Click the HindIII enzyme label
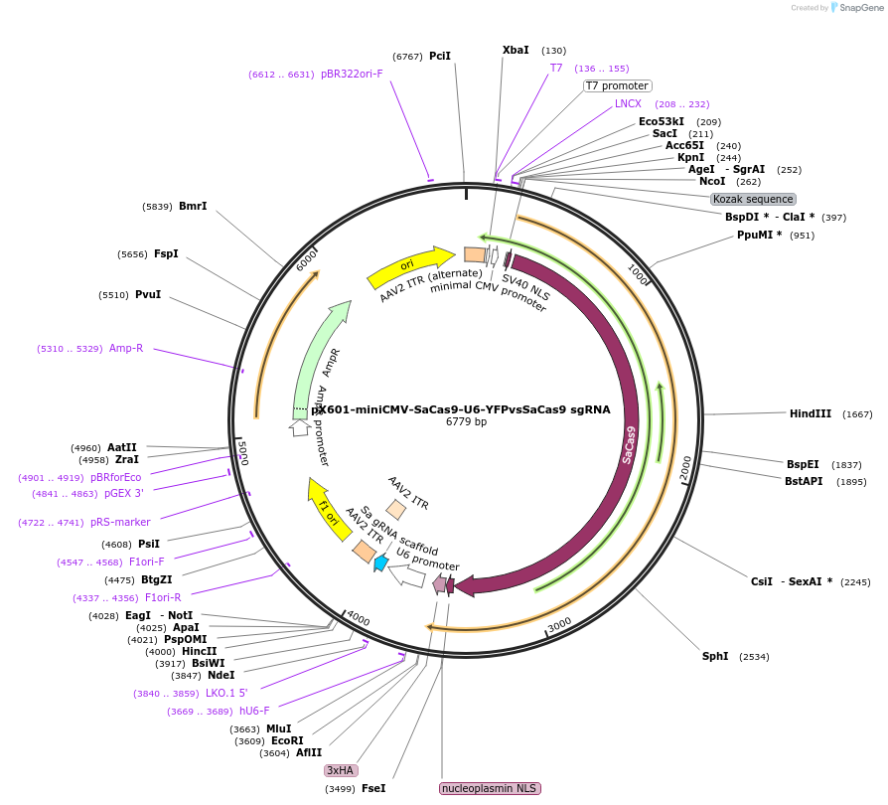point(810,413)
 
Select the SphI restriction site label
point(715,656)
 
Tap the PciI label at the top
point(440,56)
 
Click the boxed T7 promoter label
point(617,85)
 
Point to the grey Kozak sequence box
point(753,199)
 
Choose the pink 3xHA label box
point(341,770)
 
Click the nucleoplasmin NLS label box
point(489,788)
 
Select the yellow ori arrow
point(407,265)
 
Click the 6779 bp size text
point(466,422)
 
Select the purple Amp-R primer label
point(126,348)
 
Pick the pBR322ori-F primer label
point(352,74)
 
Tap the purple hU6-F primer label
point(254,711)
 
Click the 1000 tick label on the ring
point(638,273)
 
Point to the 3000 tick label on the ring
point(559,623)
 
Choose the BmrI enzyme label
point(193,206)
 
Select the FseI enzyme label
point(373,788)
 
